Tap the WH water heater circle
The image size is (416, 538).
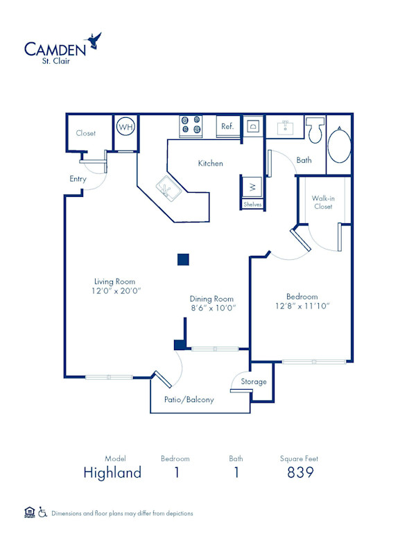125,128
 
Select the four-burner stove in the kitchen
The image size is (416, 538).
191,125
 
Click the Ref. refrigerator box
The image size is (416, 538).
227,127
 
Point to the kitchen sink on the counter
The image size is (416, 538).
168,186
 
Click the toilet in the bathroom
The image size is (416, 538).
315,128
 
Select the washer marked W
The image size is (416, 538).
252,186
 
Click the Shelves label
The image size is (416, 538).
252,205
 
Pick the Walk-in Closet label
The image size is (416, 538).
324,202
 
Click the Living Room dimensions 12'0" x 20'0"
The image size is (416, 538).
115,292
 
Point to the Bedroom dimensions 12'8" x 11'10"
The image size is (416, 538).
302,305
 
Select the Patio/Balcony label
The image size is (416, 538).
189,400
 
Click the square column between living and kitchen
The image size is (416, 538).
183,259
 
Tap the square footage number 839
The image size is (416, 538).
300,473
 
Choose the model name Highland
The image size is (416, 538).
112,473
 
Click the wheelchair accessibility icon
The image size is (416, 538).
42,513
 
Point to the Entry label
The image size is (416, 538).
78,179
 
